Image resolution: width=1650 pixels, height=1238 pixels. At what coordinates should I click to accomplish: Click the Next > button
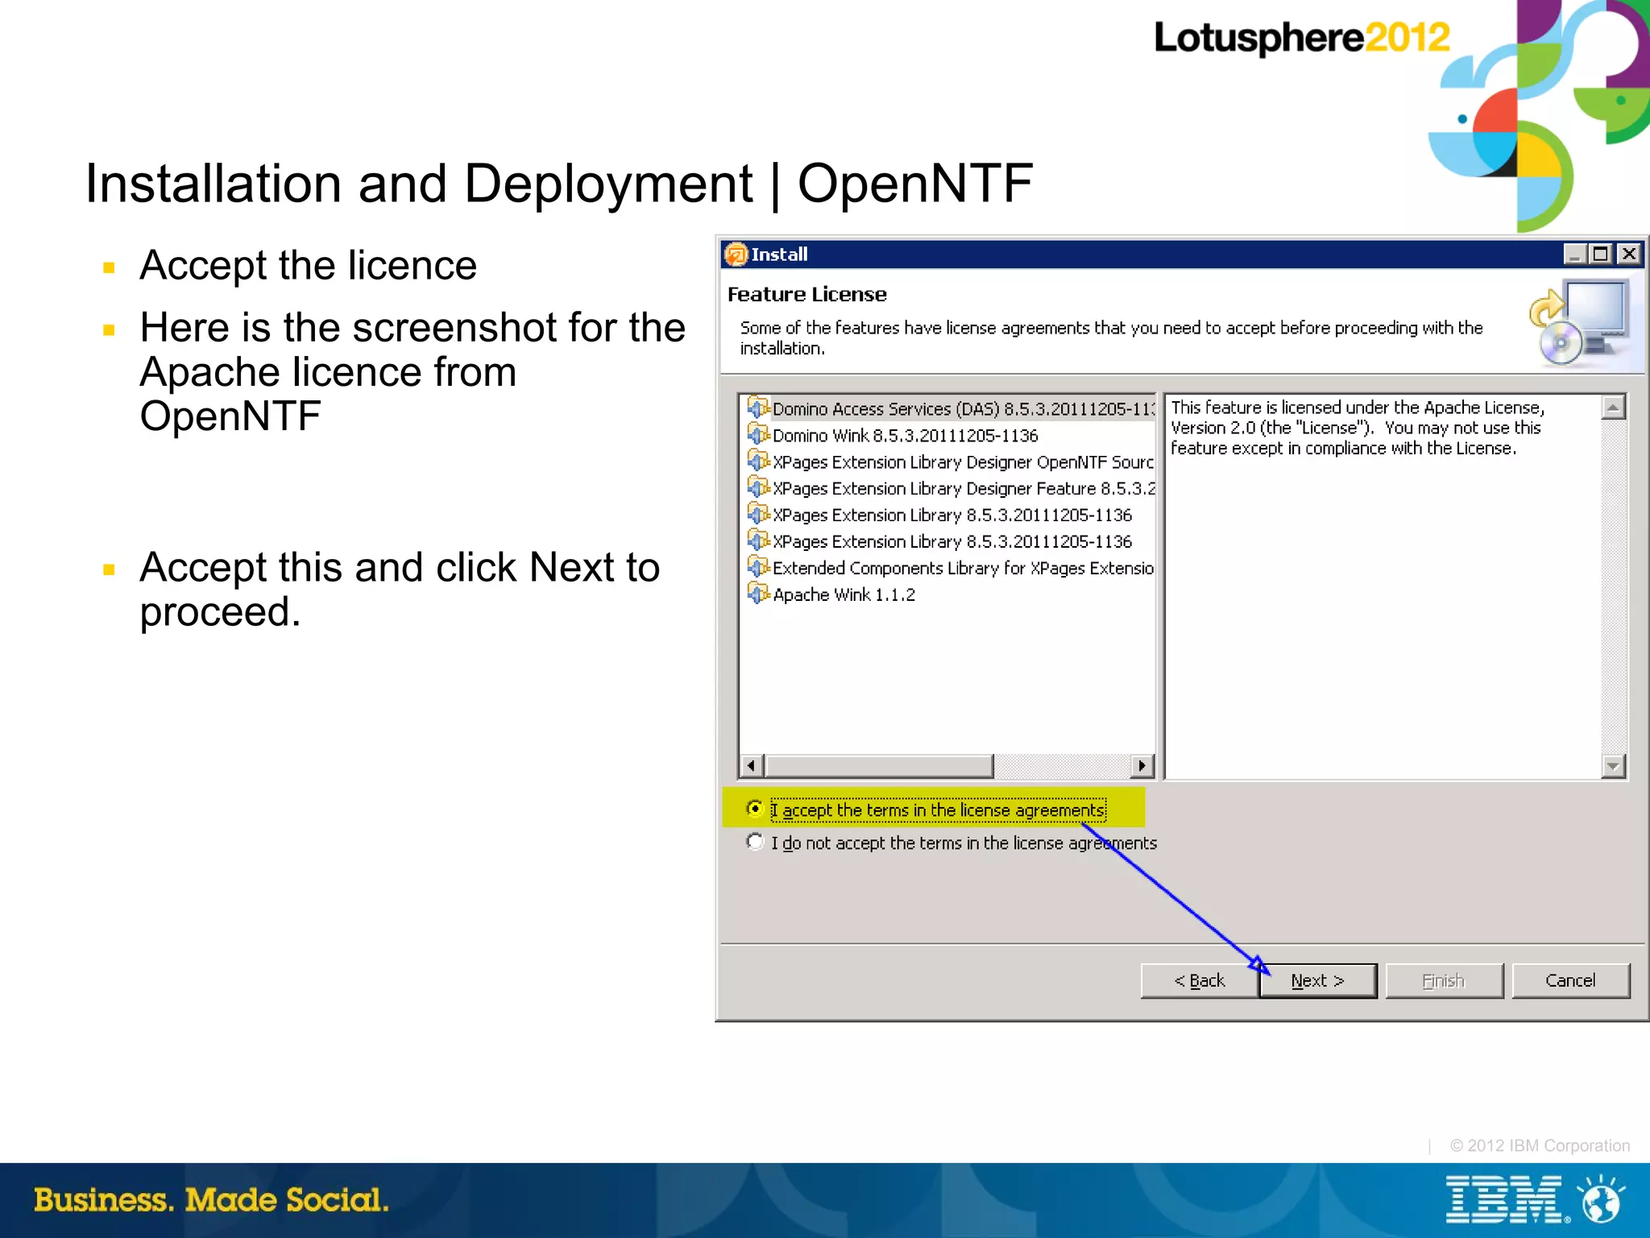[1318, 981]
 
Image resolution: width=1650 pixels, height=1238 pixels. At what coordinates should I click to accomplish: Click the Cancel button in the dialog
[1570, 981]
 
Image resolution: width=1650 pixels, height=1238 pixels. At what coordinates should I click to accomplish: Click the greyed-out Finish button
[1444, 981]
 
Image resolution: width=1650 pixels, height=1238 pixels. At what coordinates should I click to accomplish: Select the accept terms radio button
[755, 809]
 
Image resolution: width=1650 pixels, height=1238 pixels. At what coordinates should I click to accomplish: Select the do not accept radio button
[755, 843]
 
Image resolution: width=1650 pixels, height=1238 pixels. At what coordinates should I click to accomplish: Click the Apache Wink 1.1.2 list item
[844, 595]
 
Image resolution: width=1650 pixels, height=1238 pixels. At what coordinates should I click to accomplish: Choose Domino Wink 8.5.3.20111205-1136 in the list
[905, 436]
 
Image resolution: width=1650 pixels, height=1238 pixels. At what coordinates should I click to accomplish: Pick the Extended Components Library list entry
[962, 569]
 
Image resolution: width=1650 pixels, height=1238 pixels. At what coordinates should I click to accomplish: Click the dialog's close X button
[1628, 255]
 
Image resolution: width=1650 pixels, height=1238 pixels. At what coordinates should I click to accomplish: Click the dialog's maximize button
[1601, 255]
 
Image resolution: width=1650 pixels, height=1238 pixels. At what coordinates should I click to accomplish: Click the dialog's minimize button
[1574, 255]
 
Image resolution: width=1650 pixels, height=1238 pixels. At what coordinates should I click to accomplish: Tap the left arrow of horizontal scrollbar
[751, 765]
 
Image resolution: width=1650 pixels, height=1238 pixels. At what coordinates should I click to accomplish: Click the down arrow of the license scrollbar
[1613, 766]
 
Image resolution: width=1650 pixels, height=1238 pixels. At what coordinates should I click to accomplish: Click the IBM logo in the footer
[1504, 1199]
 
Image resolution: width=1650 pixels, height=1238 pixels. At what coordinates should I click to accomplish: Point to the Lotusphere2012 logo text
[1301, 38]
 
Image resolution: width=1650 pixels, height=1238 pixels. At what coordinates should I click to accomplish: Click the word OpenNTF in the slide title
[914, 184]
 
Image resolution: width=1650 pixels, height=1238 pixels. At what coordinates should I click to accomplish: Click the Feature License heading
[806, 295]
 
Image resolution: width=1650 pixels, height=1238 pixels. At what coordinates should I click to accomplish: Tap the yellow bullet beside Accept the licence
[110, 267]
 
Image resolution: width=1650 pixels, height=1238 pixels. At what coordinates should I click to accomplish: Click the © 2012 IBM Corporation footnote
[1539, 1145]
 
